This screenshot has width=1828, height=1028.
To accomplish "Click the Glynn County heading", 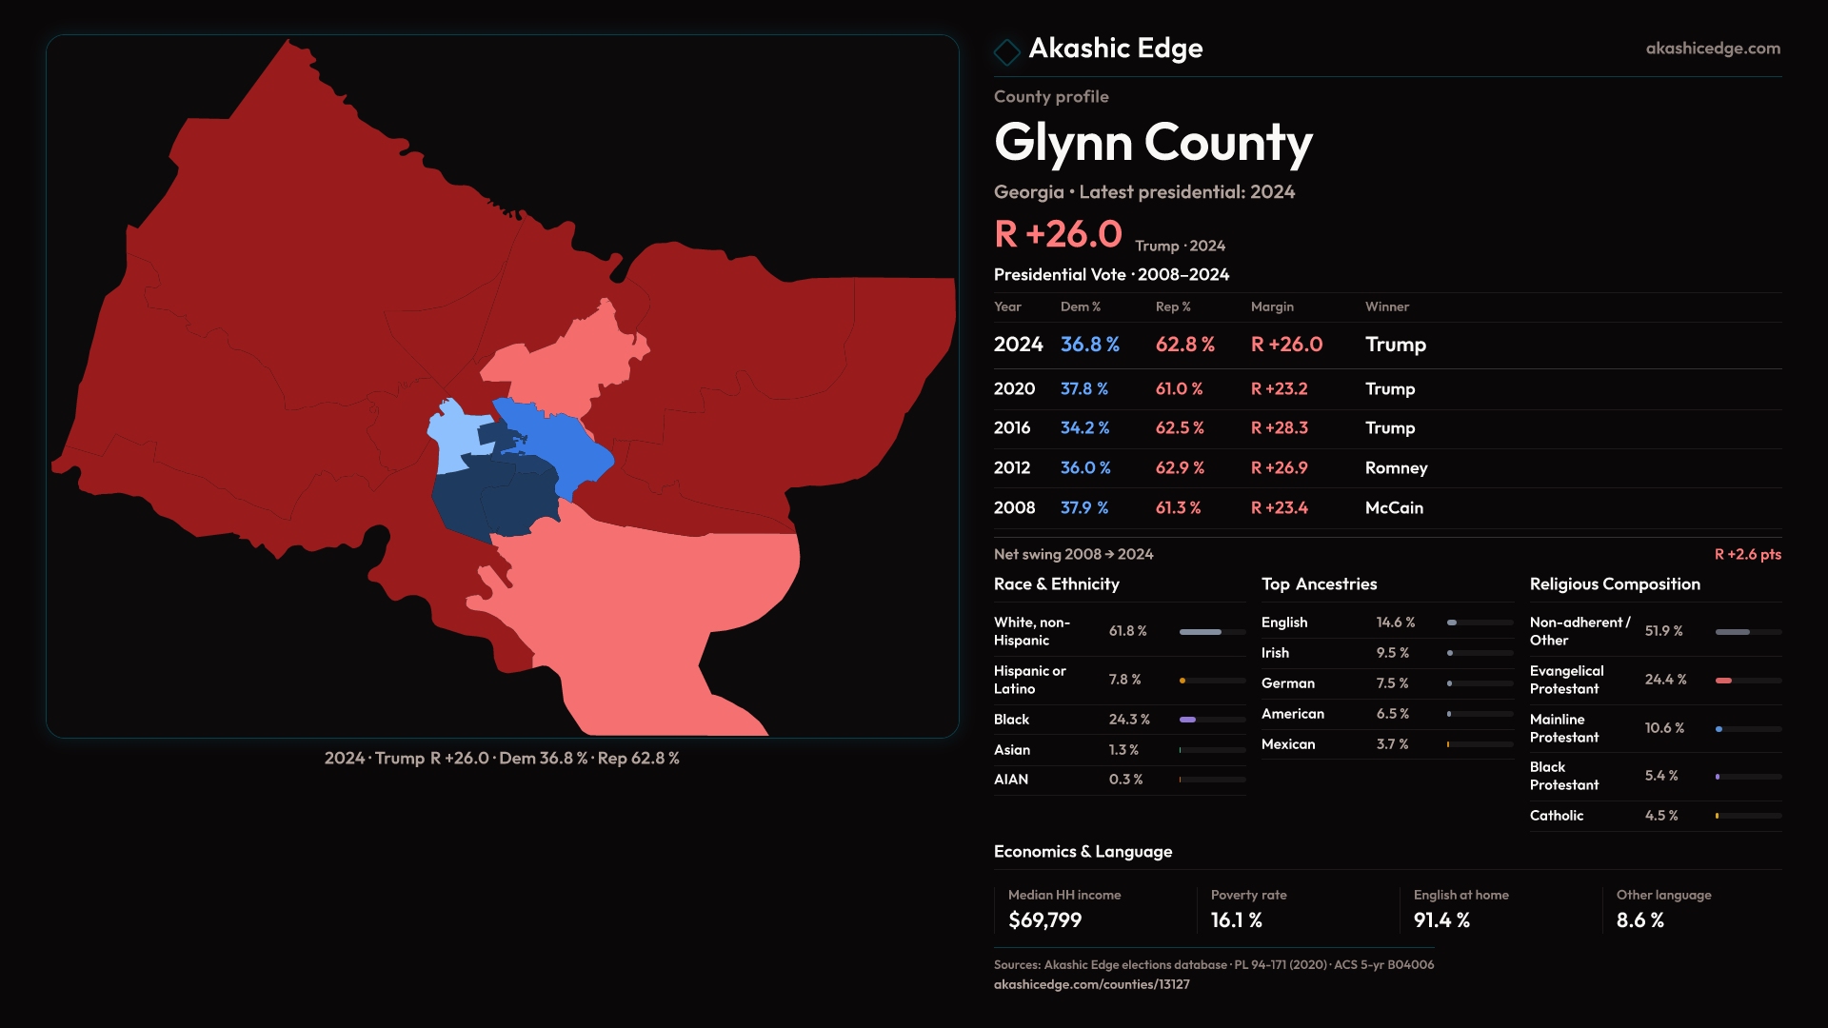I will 1153,143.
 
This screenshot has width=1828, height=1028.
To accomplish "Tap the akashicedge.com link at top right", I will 1712,49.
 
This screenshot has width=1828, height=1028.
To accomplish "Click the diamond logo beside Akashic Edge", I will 1006,51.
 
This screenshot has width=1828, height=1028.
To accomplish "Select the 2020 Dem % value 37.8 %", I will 1083,389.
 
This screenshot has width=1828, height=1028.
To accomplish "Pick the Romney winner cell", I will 1396,468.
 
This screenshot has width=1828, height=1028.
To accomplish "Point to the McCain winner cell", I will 1394,508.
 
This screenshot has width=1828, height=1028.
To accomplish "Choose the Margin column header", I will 1272,306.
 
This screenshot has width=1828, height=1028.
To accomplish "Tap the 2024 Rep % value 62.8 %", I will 1184,345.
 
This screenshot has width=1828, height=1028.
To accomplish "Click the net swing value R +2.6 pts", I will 1747,554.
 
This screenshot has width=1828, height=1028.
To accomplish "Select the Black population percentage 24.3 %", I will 1129,720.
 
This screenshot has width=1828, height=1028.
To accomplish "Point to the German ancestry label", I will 1287,683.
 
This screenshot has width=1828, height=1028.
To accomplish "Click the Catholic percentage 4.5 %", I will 1661,816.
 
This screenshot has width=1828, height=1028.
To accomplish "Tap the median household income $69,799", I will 1044,920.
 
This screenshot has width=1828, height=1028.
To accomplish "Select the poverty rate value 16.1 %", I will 1236,920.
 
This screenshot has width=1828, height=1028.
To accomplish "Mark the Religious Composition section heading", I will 1615,584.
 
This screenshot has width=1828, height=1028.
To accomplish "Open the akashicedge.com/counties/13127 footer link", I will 1091,984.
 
